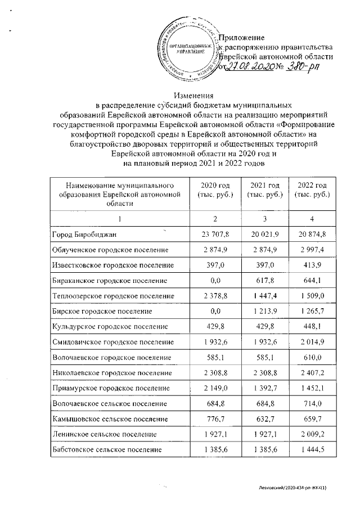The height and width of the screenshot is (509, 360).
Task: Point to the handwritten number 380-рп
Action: click(x=305, y=66)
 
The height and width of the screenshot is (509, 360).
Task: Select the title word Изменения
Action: click(x=194, y=95)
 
